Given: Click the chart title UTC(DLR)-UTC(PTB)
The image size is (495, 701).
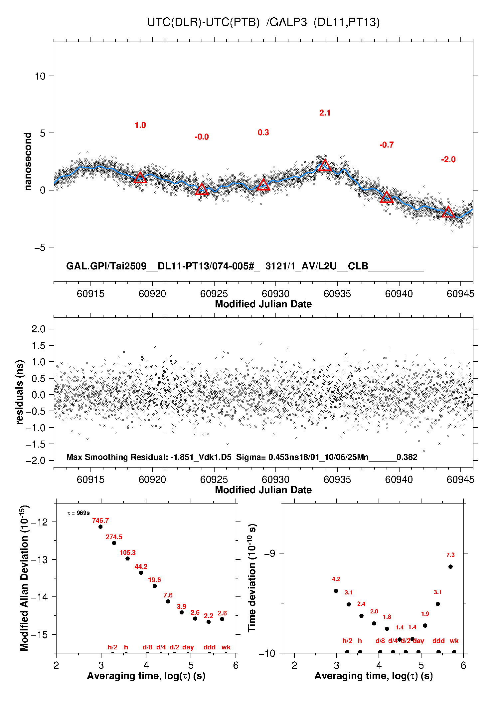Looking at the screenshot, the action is [x=203, y=22].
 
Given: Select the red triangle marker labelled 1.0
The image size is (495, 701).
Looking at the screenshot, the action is [x=140, y=177].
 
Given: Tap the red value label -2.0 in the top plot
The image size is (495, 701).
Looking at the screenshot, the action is [x=448, y=160].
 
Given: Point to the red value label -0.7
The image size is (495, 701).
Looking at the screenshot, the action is [x=387, y=145].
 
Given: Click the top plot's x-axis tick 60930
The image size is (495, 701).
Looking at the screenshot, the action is [x=275, y=294].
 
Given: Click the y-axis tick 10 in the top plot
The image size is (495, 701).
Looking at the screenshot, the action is [x=40, y=76].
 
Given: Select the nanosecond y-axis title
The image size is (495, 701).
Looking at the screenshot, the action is [x=28, y=162].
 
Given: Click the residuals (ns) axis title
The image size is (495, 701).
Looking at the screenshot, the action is [x=20, y=392].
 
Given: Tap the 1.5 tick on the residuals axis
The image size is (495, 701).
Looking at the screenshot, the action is [x=38, y=346].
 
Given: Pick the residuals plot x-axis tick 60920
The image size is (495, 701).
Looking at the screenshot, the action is [x=152, y=480].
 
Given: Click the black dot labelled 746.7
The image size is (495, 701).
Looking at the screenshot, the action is [x=100, y=526].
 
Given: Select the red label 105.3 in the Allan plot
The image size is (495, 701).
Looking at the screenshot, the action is [x=128, y=553].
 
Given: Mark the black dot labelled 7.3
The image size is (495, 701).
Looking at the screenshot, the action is [x=450, y=566].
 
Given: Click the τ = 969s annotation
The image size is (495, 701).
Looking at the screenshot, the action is [x=79, y=513].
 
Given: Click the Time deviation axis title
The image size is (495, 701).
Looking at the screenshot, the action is [x=252, y=578].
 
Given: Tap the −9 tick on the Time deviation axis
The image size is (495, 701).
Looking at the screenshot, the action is [x=269, y=553].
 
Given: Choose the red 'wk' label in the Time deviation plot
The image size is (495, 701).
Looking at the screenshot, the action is [x=454, y=641].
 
